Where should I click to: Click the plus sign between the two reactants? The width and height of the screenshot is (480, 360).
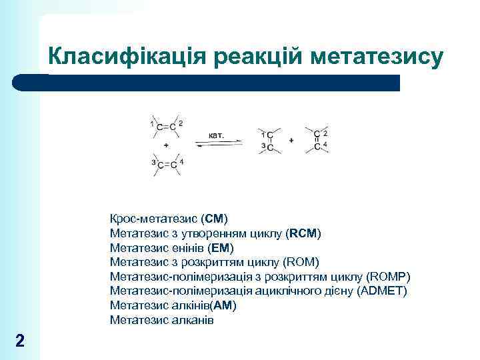pyautogui.click(x=165, y=145)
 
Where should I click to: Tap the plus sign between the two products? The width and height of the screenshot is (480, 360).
pyautogui.click(x=291, y=141)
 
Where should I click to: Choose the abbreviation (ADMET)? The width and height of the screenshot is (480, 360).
pyautogui.click(x=381, y=291)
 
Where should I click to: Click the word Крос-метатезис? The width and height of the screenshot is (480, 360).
pyautogui.click(x=153, y=219)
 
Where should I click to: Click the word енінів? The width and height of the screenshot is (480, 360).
pyautogui.click(x=183, y=248)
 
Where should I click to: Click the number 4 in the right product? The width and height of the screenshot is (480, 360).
pyautogui.click(x=325, y=145)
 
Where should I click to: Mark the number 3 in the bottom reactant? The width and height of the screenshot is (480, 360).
pyautogui.click(x=153, y=162)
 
